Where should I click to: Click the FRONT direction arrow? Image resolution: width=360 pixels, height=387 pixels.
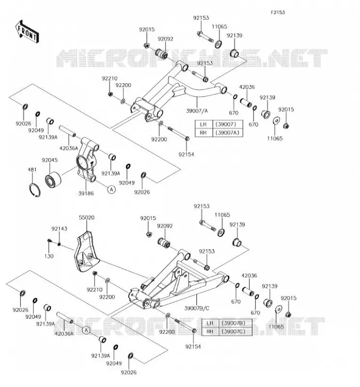click(27, 32)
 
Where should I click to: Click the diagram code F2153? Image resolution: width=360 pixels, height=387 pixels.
click(278, 13)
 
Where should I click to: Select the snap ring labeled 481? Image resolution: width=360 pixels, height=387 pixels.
click(34, 190)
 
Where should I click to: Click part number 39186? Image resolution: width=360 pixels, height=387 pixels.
click(86, 193)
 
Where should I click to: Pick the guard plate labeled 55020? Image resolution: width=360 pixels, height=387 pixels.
click(87, 252)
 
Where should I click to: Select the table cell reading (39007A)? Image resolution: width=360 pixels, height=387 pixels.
click(227, 133)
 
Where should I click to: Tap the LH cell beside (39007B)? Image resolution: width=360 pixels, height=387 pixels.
click(210, 323)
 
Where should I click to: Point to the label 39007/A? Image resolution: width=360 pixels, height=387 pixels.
click(197, 111)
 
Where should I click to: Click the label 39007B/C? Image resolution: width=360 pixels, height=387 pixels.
click(197, 308)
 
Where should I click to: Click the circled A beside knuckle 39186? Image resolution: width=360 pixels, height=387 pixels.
click(112, 190)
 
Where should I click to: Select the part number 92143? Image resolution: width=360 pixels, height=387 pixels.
click(59, 229)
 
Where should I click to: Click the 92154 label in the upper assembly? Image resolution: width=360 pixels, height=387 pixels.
click(186, 154)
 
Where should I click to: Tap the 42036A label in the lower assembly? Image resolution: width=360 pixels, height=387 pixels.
click(64, 334)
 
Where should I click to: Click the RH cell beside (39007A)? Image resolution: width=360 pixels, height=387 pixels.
click(204, 133)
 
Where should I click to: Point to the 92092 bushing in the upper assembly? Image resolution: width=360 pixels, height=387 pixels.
click(162, 54)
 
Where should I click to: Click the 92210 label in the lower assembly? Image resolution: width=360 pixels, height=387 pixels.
click(94, 290)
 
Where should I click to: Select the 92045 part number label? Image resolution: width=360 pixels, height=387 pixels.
click(50, 160)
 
